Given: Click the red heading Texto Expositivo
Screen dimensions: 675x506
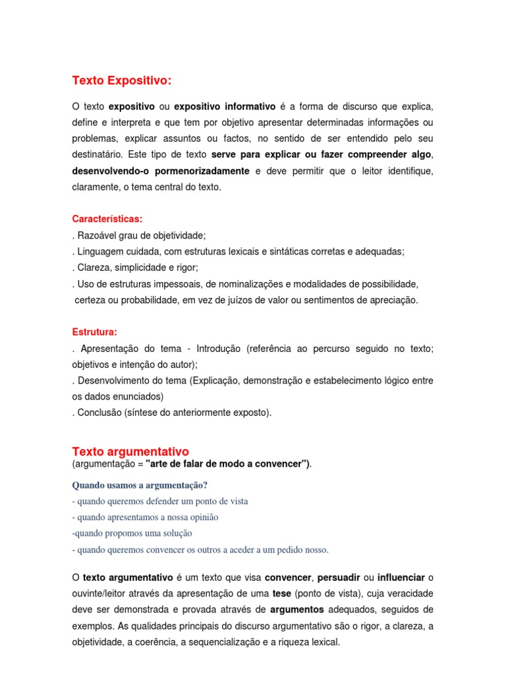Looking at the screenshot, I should pyautogui.click(x=121, y=80).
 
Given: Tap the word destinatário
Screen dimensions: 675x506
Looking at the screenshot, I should pyautogui.click(x=97, y=155).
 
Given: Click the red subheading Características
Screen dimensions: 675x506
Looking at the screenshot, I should pyautogui.click(x=107, y=219).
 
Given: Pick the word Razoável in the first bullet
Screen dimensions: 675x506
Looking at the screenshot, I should pyautogui.click(x=96, y=235).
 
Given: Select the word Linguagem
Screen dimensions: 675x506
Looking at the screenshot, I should pyautogui.click(x=99, y=251).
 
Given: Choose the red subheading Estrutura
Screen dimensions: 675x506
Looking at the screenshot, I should pyautogui.click(x=94, y=332).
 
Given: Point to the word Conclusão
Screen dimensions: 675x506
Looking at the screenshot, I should pyautogui.click(x=99, y=413).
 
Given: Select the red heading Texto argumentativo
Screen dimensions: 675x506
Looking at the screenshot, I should pyautogui.click(x=130, y=452).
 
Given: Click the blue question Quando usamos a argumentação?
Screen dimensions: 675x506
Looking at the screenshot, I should pyautogui.click(x=140, y=485).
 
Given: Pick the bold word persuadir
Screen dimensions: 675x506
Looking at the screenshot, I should pyautogui.click(x=341, y=577).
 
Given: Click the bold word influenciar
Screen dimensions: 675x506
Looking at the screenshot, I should pyautogui.click(x=402, y=577).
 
